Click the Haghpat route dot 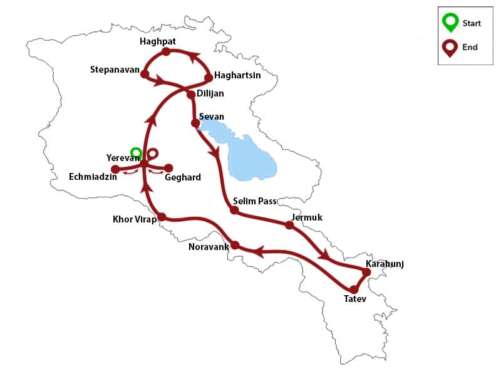(166, 51)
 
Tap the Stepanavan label (114, 69)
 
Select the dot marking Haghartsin (209, 78)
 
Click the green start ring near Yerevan (135, 152)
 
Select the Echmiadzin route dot (115, 169)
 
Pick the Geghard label (182, 177)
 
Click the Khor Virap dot (161, 217)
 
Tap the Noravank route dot (235, 245)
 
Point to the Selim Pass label (254, 201)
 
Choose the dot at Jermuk (289, 224)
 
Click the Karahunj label (385, 264)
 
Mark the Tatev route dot (354, 290)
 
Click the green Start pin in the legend (450, 22)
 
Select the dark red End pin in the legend (450, 47)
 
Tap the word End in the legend (470, 47)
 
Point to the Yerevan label (122, 158)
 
